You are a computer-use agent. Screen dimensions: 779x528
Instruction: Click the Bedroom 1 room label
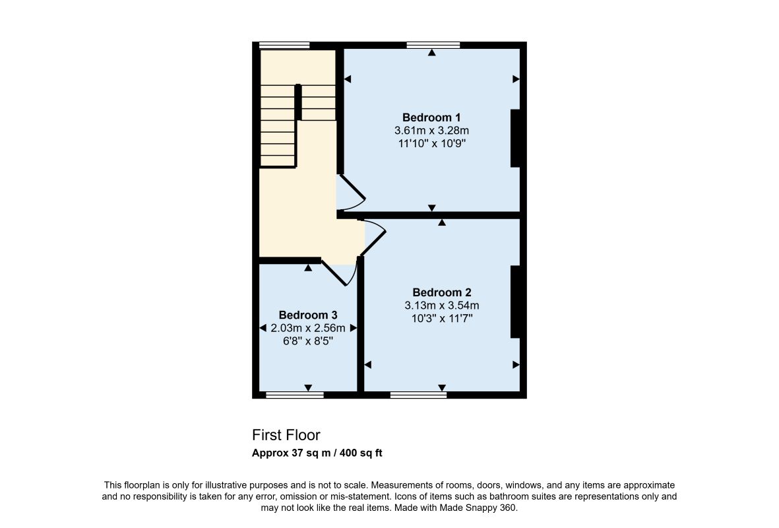pos(431,118)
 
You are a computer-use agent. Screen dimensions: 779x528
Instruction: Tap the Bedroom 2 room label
pos(442,292)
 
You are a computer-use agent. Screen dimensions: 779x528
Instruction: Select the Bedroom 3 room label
pos(308,315)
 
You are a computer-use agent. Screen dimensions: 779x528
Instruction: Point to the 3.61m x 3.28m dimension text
pos(432,131)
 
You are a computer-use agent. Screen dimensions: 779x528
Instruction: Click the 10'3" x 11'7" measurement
pos(442,318)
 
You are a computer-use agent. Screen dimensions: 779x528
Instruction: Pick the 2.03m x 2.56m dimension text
pos(308,328)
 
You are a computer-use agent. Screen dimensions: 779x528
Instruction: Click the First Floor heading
pos(286,435)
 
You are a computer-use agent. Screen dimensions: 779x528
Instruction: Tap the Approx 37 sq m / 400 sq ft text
pos(317,453)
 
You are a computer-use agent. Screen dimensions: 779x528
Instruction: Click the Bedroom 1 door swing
pos(353,195)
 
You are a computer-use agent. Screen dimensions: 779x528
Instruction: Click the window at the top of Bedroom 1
pos(433,46)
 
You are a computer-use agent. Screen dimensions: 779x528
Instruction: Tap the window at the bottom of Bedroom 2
pos(418,395)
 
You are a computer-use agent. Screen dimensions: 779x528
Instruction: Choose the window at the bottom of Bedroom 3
pos(295,395)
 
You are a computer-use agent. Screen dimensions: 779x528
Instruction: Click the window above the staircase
pos(285,46)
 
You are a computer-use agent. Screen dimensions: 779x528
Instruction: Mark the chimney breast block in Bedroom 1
pos(515,138)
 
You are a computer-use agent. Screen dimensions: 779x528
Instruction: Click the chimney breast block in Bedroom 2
pos(515,302)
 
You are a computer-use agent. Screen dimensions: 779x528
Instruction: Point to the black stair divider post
pos(298,102)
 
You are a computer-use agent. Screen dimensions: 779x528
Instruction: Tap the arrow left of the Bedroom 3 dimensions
pos(263,328)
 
